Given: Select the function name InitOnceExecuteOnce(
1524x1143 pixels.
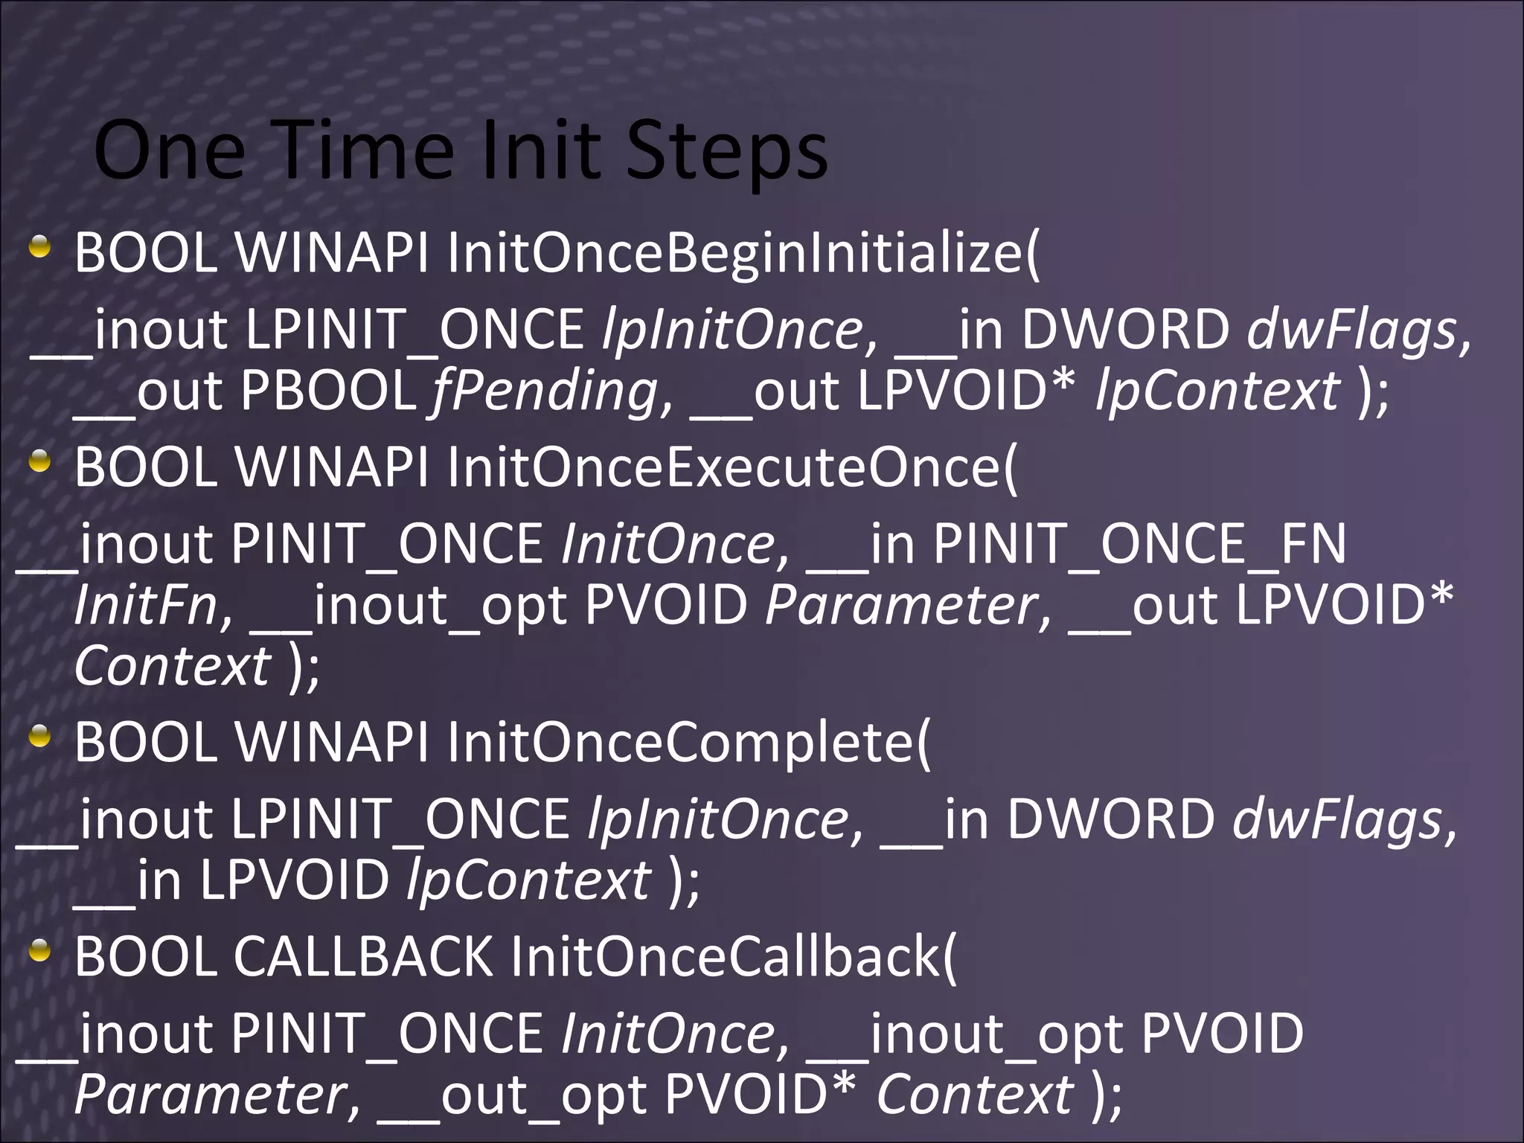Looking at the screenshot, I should pyautogui.click(x=731, y=468).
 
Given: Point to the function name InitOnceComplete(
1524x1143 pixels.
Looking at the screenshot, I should pyautogui.click(x=688, y=743).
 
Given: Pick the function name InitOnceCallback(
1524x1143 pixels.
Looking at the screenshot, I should pyautogui.click(x=734, y=956).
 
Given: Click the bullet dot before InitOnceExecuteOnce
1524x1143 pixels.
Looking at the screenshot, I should pyautogui.click(x=40, y=463).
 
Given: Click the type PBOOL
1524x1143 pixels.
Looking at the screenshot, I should pyautogui.click(x=327, y=391).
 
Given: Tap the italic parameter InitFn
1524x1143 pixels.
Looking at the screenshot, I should pyautogui.click(x=146, y=606).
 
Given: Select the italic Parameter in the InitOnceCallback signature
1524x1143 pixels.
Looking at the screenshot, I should pyautogui.click(x=208, y=1095).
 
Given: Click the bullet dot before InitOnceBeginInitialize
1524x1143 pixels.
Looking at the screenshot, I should pyautogui.click(x=40, y=247).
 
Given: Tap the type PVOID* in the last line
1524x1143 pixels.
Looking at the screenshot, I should pyautogui.click(x=760, y=1094).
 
